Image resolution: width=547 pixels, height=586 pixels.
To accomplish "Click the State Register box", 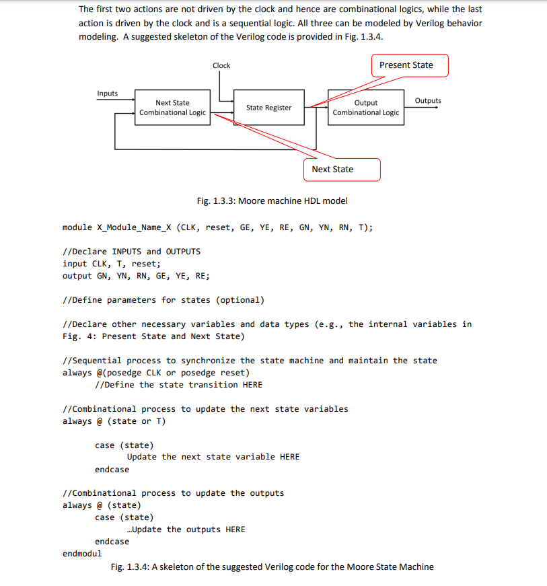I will click(268, 108).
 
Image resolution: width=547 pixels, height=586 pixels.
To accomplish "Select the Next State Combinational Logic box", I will click(172, 108).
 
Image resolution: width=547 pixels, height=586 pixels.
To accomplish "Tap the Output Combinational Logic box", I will click(365, 108).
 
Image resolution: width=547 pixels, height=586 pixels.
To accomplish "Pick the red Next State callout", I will click(342, 170).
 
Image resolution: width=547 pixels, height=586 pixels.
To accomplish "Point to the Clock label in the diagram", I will click(221, 65).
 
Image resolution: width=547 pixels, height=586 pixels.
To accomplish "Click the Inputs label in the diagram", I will click(108, 94).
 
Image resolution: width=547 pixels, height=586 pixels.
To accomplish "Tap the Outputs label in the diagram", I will click(428, 101).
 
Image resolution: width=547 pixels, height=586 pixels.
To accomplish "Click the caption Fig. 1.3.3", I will click(272, 200).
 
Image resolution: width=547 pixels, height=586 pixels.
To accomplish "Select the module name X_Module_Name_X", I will click(131, 227).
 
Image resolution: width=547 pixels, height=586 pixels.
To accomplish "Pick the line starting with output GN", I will click(135, 276).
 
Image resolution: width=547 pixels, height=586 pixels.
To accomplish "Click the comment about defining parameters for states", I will click(163, 300).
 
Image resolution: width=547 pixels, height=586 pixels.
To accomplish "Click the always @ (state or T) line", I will click(114, 421).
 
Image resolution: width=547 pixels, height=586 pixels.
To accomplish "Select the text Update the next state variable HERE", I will click(213, 457).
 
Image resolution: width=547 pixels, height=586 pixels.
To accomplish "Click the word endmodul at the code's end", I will click(82, 554).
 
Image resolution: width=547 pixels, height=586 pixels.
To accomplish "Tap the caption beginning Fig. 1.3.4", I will click(272, 567).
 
